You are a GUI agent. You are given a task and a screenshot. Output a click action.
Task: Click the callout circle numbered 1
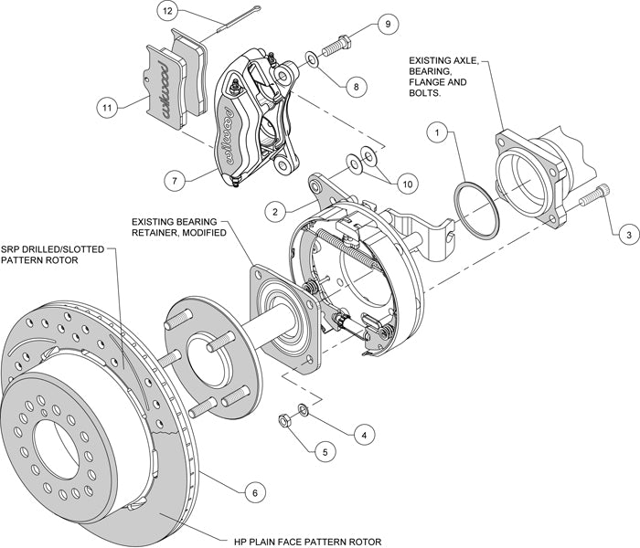[440, 133]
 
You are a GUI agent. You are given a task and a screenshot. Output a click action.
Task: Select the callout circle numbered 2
[273, 210]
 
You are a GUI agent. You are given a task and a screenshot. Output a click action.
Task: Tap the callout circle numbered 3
[628, 235]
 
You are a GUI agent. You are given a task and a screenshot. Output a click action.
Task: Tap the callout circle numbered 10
[407, 184]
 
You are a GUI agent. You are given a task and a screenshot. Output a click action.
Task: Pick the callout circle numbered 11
[109, 107]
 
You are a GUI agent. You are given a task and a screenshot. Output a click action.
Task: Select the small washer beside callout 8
[314, 60]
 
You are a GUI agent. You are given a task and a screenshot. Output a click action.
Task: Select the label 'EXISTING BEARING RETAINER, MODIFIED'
[186, 227]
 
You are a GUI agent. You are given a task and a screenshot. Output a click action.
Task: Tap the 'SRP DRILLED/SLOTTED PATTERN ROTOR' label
[54, 254]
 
